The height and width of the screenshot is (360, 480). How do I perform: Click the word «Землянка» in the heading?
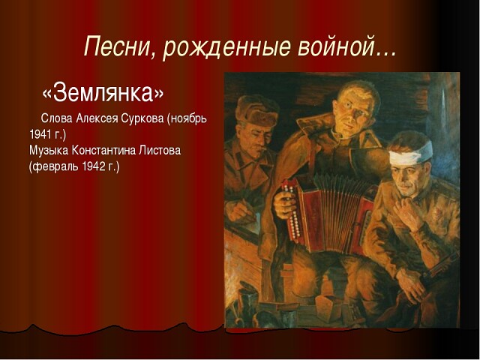[x=103, y=92]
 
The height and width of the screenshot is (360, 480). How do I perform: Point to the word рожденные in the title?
[x=226, y=48]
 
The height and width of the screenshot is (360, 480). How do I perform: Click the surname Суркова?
[x=142, y=118]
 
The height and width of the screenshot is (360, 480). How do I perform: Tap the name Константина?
[x=103, y=150]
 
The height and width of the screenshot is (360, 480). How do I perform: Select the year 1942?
[x=92, y=166]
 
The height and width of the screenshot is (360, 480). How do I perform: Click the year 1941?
[x=40, y=134]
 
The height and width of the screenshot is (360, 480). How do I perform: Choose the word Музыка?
[x=49, y=151]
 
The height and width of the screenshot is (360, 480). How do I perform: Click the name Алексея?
[x=97, y=118]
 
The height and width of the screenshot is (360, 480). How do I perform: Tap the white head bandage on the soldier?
[x=410, y=153]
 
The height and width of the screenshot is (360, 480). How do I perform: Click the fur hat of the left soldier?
[x=257, y=111]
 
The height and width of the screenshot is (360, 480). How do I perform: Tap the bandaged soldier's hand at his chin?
[x=405, y=211]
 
